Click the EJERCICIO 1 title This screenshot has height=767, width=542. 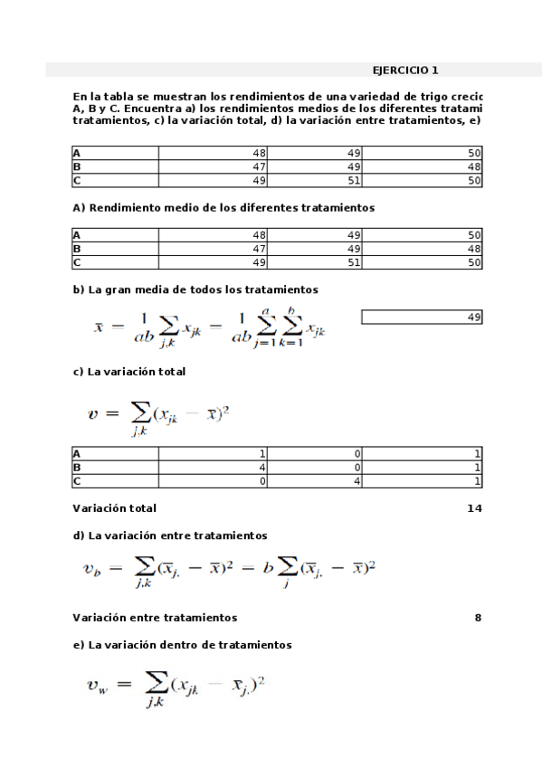(x=405, y=70)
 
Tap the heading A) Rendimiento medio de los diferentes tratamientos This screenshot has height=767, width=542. (x=223, y=207)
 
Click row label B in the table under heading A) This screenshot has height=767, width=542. (x=77, y=249)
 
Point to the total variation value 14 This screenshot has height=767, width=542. (x=474, y=508)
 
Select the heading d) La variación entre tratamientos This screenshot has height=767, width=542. (x=169, y=535)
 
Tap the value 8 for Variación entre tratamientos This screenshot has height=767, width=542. (x=477, y=618)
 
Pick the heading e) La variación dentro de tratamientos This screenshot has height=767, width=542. (x=182, y=645)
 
